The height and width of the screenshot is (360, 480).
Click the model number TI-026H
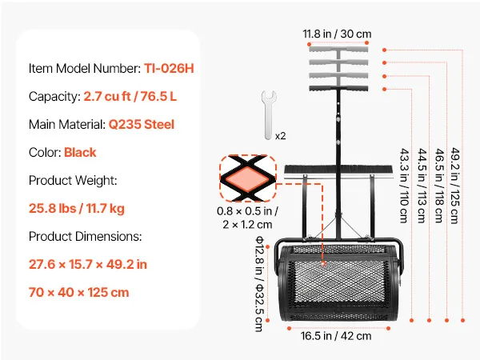coord(169,68)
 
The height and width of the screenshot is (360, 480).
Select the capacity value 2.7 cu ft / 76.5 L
coord(130,97)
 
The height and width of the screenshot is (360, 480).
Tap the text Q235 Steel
coord(142,125)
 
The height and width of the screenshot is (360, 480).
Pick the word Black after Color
coord(80,153)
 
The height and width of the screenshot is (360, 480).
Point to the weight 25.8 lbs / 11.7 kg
coord(77,209)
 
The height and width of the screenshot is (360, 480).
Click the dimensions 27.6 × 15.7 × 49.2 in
coord(88,265)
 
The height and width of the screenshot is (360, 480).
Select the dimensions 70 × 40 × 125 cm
coord(79,292)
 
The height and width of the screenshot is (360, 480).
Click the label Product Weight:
coord(73,181)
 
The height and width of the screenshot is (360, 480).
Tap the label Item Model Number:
coord(85,68)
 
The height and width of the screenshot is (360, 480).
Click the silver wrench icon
coord(269,114)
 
